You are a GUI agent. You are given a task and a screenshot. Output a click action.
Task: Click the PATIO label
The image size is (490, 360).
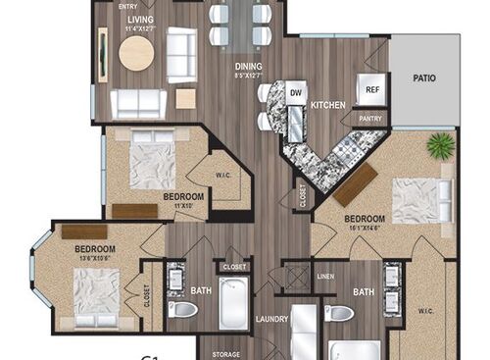tap(424, 78)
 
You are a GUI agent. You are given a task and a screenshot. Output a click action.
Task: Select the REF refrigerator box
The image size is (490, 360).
tap(372, 89)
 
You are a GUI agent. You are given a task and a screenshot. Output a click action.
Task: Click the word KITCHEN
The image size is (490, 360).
tap(326, 104)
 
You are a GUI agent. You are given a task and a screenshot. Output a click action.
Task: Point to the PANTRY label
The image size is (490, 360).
tap(371, 118)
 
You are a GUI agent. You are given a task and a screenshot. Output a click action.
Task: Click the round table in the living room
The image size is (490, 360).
tap(136, 54)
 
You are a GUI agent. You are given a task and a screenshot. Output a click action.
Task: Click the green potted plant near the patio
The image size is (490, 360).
tap(440, 145)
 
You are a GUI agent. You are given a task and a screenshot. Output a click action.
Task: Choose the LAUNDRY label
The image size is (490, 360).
tap(271, 318)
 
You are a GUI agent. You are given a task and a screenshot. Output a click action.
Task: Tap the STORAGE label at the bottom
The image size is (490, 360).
tap(225, 353)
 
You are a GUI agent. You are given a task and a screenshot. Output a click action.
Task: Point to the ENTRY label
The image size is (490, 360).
tap(127, 6)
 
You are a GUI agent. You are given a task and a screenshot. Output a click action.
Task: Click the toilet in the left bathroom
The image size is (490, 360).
tap(183, 310)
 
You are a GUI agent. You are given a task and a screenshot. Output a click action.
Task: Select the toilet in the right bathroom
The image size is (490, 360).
tap(339, 313)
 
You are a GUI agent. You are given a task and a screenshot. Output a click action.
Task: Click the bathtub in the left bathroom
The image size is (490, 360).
tap(234, 303)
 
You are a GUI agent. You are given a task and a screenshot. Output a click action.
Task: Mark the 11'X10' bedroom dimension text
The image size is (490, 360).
tap(176, 205)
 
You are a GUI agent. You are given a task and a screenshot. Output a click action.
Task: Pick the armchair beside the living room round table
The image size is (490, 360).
tap(181, 54)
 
